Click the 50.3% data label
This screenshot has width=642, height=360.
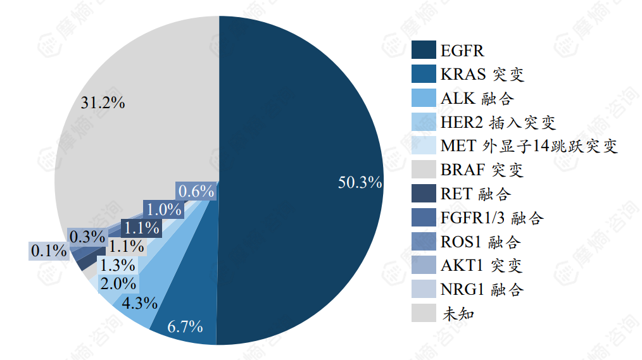(360, 183)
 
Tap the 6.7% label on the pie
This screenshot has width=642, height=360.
(185, 326)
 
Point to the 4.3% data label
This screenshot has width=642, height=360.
(139, 303)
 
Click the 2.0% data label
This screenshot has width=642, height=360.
(118, 284)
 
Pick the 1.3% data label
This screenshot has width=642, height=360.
(117, 265)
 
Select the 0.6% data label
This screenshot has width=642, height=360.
(196, 191)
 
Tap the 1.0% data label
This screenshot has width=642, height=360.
(163, 209)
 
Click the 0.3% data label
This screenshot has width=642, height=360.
(87, 237)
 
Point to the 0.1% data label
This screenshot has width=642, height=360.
(49, 251)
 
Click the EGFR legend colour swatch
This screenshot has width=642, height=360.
(424, 51)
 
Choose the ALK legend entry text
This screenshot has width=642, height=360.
(477, 99)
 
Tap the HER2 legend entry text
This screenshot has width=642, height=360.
(498, 123)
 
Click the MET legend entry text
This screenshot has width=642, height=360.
(529, 146)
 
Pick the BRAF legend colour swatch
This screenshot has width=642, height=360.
(424, 170)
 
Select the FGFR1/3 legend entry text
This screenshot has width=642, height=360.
(492, 218)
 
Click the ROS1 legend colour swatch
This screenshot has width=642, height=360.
(424, 242)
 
